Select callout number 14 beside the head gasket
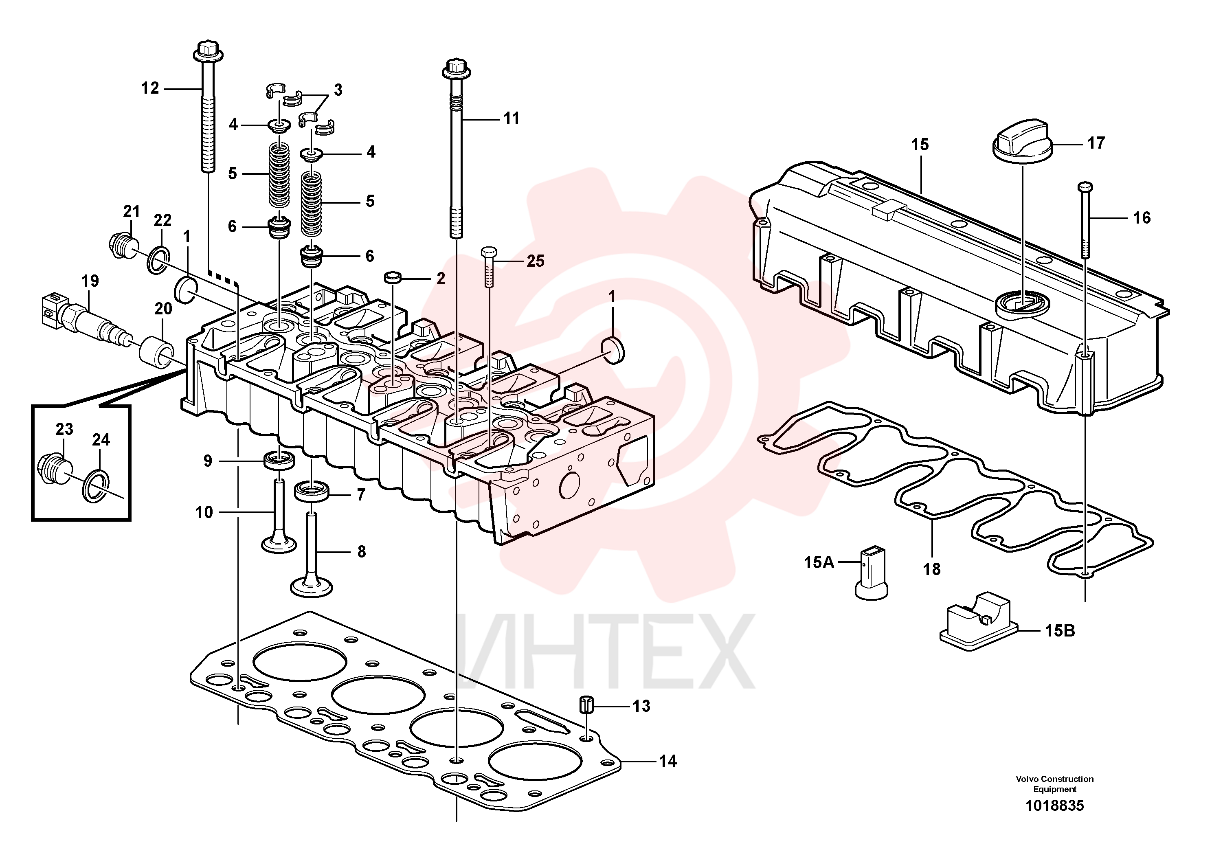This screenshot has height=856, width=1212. (x=667, y=761)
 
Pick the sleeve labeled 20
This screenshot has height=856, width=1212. (x=157, y=352)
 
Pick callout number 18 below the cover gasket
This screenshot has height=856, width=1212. (x=932, y=569)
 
